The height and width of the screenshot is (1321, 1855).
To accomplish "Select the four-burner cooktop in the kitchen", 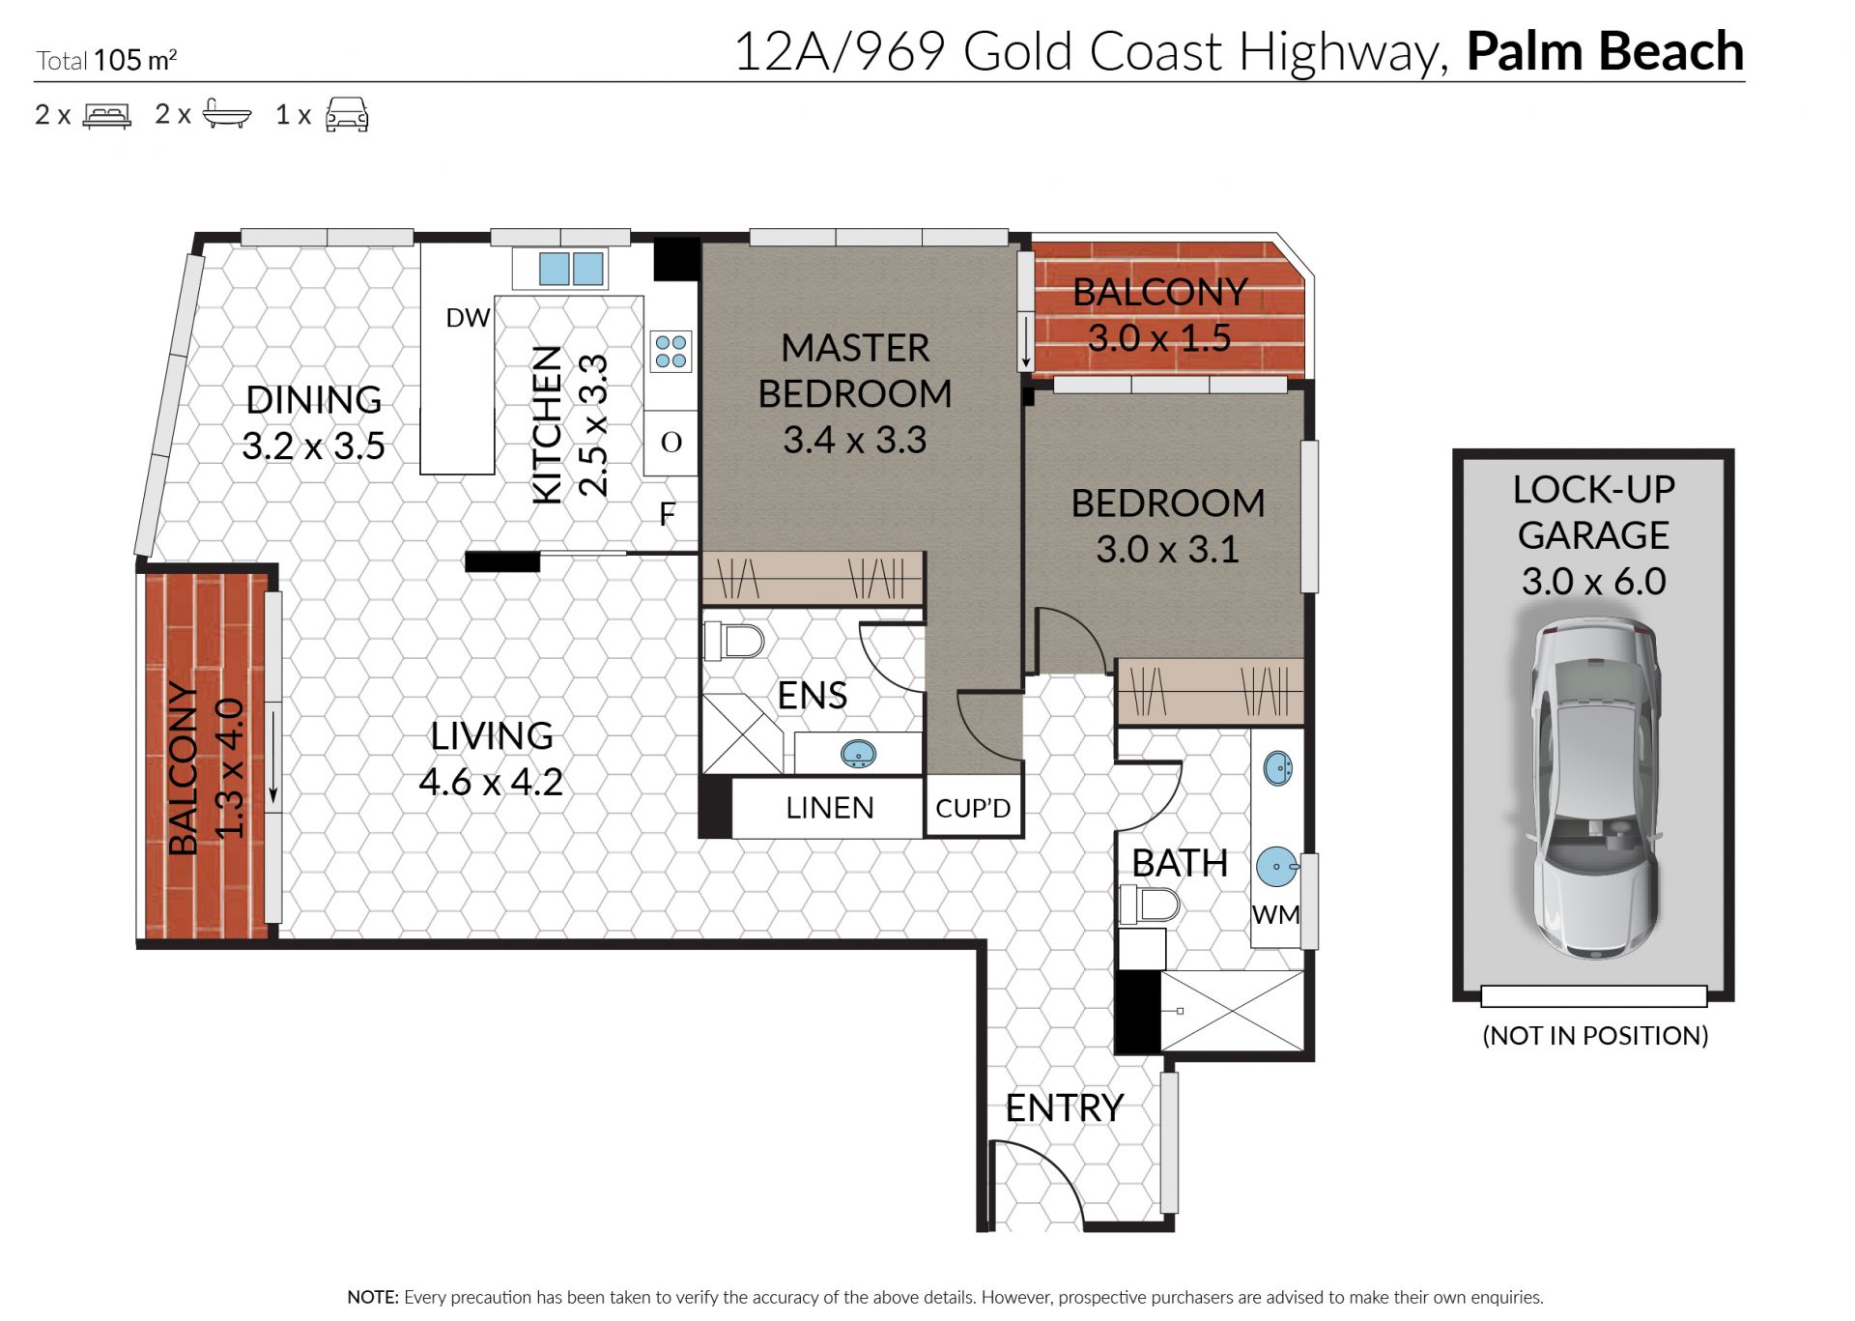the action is coord(671,352).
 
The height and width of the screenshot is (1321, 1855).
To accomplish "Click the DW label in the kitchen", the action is coord(468,318).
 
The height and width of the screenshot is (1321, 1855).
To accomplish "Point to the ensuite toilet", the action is coord(734,640).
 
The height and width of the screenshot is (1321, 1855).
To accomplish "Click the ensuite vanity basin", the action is coord(858,754).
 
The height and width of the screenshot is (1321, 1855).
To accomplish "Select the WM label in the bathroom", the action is coord(1275,915).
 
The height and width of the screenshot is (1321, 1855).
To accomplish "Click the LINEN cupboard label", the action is coord(830,808).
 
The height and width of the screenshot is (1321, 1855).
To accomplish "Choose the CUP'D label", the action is coord(973,808).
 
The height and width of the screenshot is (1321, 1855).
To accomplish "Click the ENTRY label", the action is coord(1064,1108).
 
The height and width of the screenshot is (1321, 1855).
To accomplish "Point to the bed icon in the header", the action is coord(106,116).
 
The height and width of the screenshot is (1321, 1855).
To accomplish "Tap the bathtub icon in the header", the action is coord(227,114).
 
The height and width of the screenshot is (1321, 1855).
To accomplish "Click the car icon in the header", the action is coord(347,114).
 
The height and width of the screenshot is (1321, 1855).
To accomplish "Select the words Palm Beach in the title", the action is coord(1605,51).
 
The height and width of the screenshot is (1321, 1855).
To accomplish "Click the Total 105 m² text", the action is coord(106,60).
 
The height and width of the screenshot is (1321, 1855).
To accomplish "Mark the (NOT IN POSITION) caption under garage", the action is coord(1595,1036).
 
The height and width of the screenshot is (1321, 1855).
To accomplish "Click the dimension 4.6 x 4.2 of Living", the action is coord(491,782).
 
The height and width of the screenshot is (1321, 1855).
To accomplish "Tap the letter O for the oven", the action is coord(671,443).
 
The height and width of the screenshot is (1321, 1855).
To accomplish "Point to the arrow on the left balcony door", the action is coord(273,758).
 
